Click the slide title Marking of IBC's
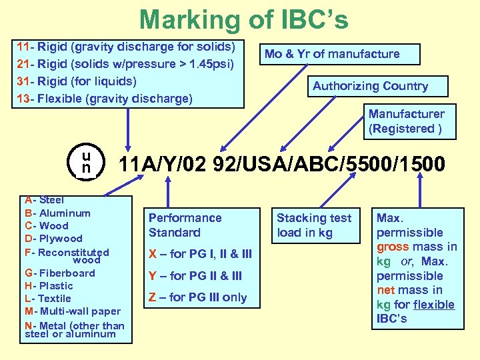pos(243,20)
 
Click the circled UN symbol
pos(86,163)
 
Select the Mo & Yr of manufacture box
pos(332,54)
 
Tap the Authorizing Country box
pos(371,86)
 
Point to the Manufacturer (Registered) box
pos(406,121)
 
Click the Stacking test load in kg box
pos(314,225)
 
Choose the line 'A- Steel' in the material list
pos(45,200)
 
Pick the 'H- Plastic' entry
pos(49,285)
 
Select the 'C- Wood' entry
pos(47,226)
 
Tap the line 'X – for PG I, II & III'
pos(200,254)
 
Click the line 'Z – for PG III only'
pos(197,297)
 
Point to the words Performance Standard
pos(185,225)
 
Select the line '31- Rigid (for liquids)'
pos(77,81)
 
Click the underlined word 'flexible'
pos(434,305)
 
